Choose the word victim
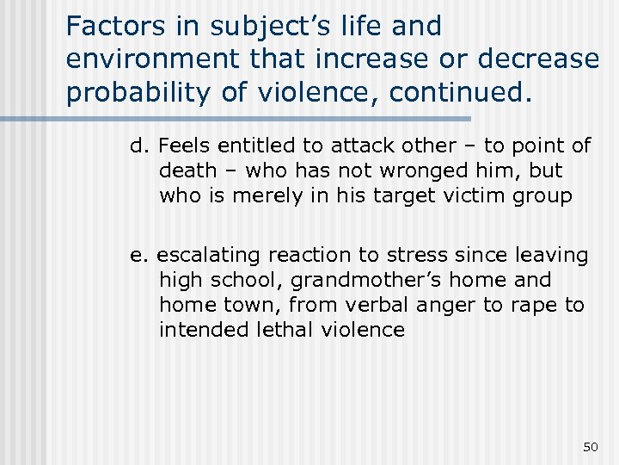481,196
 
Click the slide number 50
590,446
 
